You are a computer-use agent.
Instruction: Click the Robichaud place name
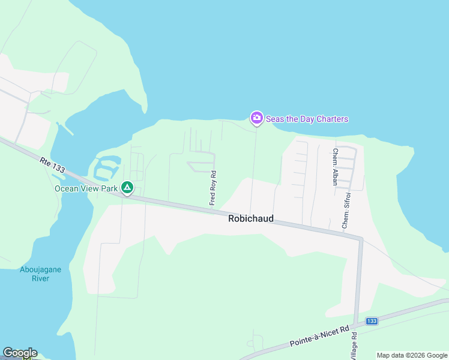click(250, 219)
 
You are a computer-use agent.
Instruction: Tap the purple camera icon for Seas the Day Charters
click(256, 118)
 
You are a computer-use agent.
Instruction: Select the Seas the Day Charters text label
click(307, 119)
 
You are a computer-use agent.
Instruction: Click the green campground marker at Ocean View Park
click(127, 188)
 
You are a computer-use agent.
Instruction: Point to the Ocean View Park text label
click(86, 188)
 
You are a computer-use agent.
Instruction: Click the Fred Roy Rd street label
click(212, 188)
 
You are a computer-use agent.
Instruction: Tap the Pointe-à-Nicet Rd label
click(319, 337)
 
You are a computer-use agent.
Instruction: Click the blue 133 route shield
click(372, 322)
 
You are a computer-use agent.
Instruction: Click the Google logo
click(20, 353)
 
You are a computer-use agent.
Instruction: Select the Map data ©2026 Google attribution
click(412, 355)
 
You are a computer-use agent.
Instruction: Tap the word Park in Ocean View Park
click(109, 188)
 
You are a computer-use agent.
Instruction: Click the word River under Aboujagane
click(40, 279)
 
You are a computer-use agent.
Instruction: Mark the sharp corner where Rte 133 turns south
click(360, 239)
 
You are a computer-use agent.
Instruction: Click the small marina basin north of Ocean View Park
click(107, 167)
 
